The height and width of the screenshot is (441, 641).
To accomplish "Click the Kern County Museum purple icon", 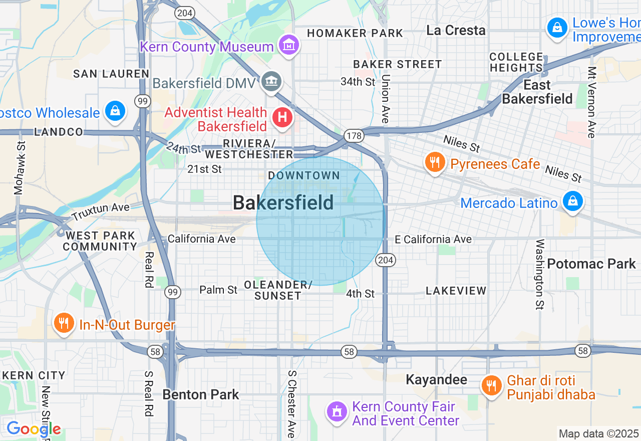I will click(x=289, y=46).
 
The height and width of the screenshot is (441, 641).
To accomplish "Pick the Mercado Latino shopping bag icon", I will click(x=571, y=201).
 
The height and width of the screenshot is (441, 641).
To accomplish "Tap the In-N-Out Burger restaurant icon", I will click(x=64, y=323).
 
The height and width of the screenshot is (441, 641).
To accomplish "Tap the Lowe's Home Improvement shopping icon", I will click(x=557, y=28).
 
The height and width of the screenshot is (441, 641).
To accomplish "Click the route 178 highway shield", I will click(x=353, y=135).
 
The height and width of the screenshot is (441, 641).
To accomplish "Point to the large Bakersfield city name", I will click(x=283, y=203).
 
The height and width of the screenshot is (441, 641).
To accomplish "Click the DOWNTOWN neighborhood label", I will click(x=304, y=175).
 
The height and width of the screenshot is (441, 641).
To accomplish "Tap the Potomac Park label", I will click(x=591, y=264).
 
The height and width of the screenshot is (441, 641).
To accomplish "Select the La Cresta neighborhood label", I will click(x=456, y=31).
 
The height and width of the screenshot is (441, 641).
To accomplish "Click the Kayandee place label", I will click(x=436, y=379).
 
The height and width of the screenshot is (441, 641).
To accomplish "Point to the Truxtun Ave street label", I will click(x=101, y=212).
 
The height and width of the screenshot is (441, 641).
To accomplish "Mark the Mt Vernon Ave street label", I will click(x=591, y=102).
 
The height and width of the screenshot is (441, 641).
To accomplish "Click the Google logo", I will click(x=34, y=429).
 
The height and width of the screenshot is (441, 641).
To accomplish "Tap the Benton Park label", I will click(x=201, y=394).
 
